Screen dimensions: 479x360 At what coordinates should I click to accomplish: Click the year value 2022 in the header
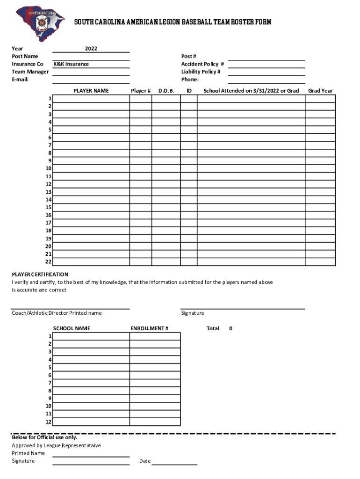[x=91, y=49]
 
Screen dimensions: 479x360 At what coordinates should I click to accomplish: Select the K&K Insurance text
[x=71, y=64]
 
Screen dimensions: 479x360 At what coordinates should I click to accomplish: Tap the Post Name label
[x=25, y=56]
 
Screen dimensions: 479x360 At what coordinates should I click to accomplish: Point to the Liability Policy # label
[x=201, y=72]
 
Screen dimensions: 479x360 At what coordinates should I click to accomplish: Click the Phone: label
[x=190, y=80]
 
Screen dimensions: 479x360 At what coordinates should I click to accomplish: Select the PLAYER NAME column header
[x=91, y=91]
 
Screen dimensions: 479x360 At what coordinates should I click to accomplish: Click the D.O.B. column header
[x=166, y=91]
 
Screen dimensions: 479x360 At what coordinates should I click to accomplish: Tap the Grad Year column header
[x=320, y=91]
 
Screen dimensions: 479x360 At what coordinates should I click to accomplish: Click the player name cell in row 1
[x=91, y=99]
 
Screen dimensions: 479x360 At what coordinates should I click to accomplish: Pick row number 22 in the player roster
[x=48, y=261]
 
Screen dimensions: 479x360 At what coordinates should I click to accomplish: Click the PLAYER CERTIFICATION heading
[x=40, y=275]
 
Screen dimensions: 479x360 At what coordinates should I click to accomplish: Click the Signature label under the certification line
[x=193, y=313]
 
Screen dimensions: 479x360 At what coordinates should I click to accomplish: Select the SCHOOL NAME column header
[x=72, y=328]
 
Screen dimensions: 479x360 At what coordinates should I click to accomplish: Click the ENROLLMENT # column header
[x=149, y=328]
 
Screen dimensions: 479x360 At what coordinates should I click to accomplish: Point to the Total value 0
[x=230, y=328]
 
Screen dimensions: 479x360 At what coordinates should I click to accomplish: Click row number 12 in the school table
[x=48, y=421]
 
